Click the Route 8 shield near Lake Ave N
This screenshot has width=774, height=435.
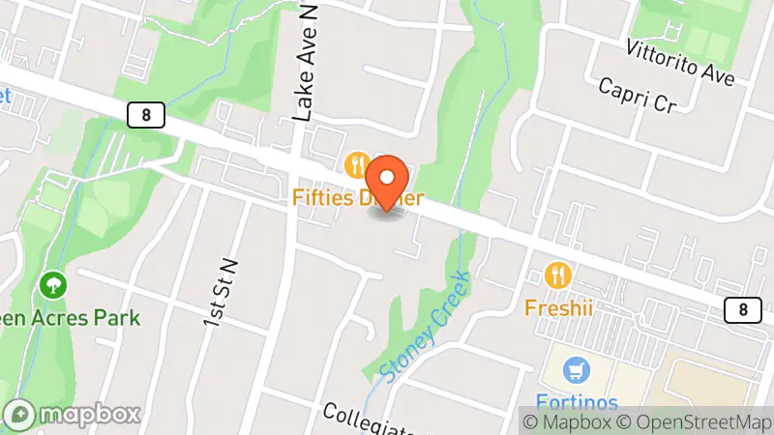tap(145, 115)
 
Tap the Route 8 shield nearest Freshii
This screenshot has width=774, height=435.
tap(742, 309)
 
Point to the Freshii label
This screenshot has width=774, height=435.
tap(558, 307)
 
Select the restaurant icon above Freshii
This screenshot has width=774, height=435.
tap(558, 275)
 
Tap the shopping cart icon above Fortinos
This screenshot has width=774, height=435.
tap(577, 370)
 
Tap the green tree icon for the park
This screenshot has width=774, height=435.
tap(51, 285)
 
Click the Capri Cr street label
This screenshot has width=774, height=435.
tap(636, 96)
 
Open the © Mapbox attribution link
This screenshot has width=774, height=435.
tap(567, 421)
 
